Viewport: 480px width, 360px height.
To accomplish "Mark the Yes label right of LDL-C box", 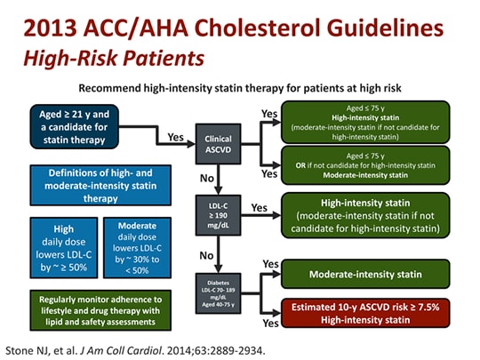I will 260,207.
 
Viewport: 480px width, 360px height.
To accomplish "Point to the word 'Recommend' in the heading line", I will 111,89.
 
